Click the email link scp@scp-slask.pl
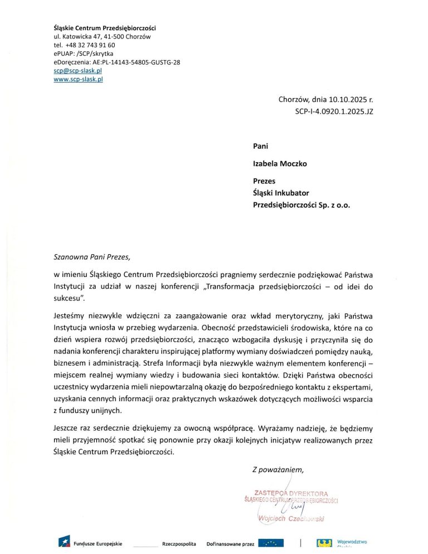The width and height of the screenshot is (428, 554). point(77,71)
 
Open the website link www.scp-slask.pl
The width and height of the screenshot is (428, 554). point(78,79)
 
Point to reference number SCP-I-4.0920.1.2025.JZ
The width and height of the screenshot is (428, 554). point(334,111)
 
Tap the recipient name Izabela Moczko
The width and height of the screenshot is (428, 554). point(279,164)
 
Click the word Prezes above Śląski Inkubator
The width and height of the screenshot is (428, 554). point(264,181)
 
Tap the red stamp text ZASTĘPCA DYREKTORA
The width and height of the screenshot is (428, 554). point(290,492)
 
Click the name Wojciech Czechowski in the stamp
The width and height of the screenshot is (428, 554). point(292,519)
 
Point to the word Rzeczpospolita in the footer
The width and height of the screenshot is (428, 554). point(179,543)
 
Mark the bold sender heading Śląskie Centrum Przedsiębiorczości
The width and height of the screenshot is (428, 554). point(104,27)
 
